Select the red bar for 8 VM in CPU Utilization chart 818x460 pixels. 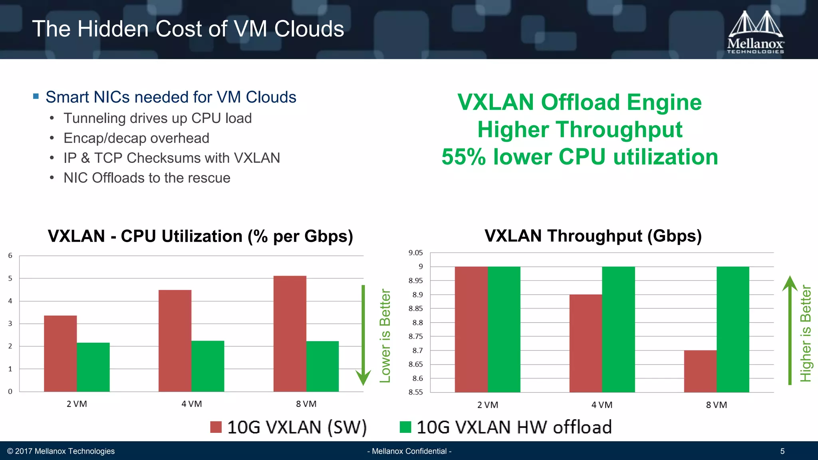coord(290,333)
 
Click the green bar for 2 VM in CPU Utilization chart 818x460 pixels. coord(93,367)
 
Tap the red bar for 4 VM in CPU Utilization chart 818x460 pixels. coord(175,341)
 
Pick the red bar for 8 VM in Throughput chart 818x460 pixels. coord(700,371)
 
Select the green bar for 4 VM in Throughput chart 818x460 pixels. coord(618,329)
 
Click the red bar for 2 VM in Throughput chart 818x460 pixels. coord(471,329)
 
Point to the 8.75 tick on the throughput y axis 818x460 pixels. coord(415,337)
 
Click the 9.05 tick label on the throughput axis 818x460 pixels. coord(415,253)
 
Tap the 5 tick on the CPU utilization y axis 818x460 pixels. coord(10,278)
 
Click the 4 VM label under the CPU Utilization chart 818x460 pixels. coord(192,404)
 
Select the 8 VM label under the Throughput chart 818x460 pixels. coord(717,405)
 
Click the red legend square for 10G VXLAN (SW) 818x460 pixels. coord(216,427)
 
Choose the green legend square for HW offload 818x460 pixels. coord(405,427)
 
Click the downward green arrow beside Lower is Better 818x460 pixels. coord(363,335)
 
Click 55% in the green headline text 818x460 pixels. coord(463,157)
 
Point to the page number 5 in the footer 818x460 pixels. coord(782,451)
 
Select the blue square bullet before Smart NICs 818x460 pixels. coord(36,96)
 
